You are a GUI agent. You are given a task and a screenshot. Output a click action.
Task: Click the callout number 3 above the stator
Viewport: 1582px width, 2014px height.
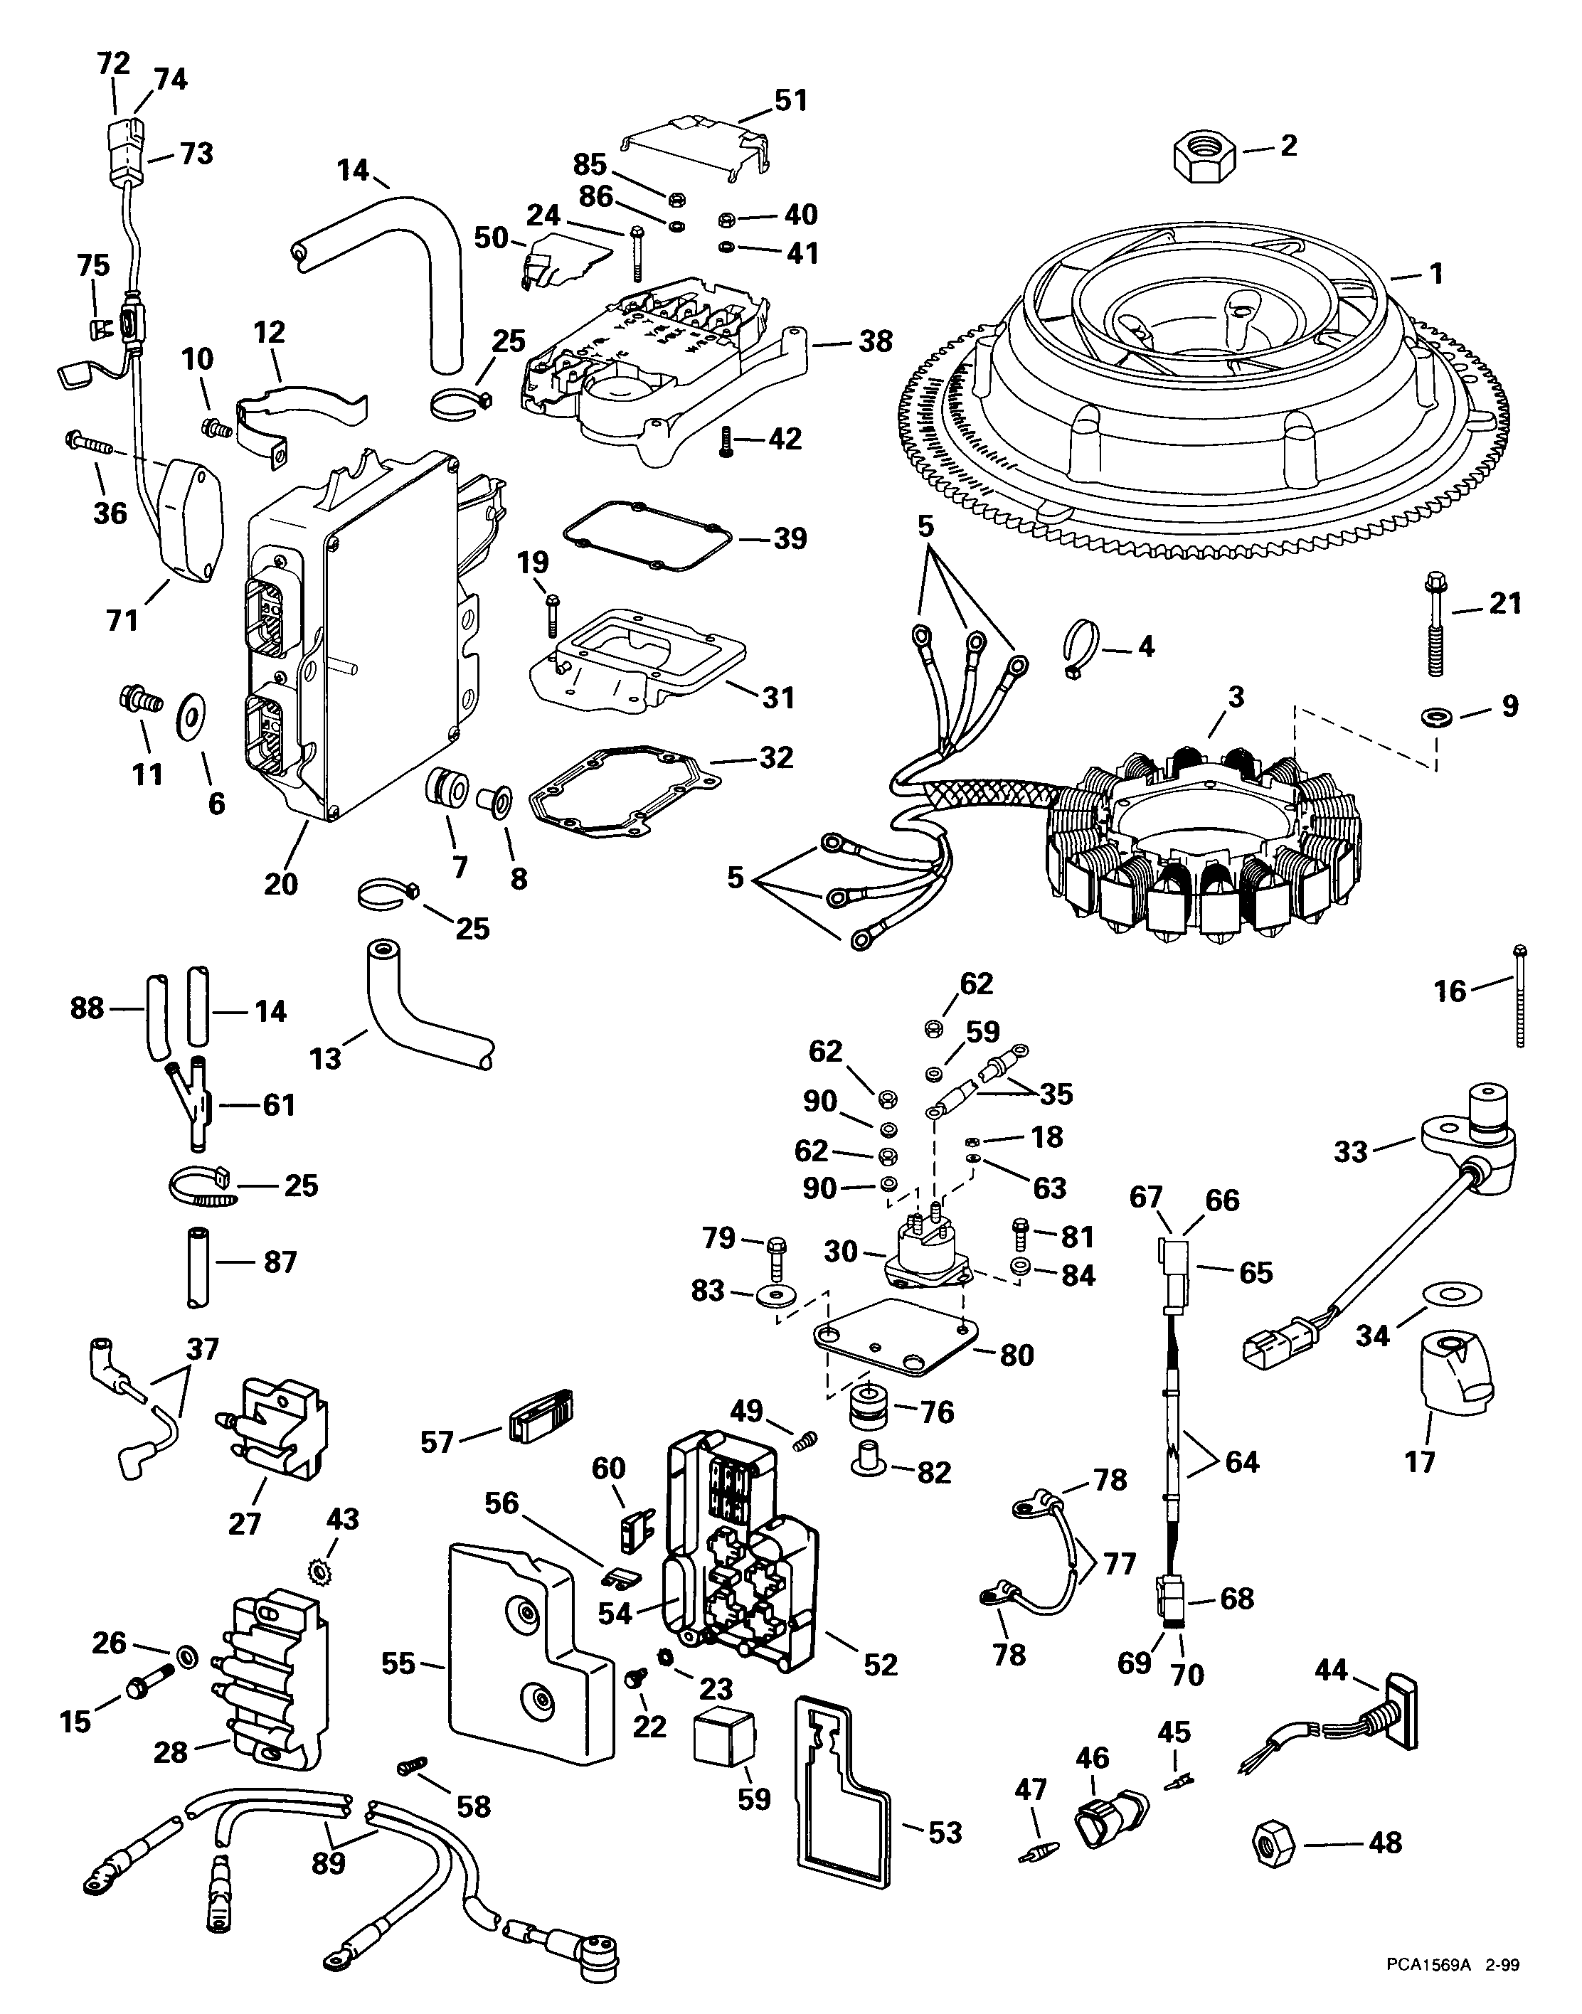point(1236,697)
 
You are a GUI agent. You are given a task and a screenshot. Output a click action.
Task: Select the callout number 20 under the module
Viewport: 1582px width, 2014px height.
point(281,883)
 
